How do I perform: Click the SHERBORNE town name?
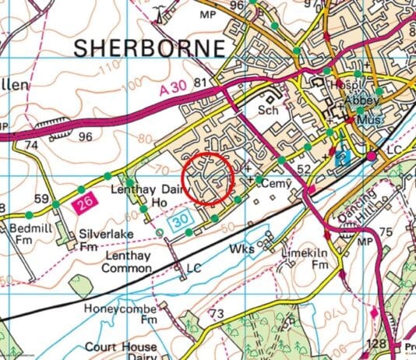[150, 48]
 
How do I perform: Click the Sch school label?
[267, 111]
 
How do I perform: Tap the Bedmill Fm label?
[27, 235]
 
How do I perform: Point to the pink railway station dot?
[372, 157]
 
